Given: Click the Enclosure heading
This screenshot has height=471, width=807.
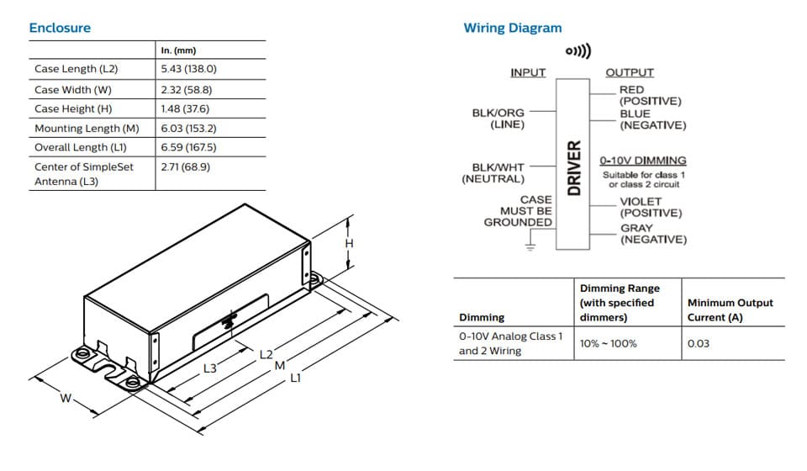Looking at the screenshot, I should [x=60, y=28].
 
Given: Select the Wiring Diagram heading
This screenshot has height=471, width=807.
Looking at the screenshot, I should [x=512, y=28].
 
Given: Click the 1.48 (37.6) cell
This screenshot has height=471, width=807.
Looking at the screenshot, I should [x=185, y=108].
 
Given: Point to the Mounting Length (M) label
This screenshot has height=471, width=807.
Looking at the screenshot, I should [x=87, y=129].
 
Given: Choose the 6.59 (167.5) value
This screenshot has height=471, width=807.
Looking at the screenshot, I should [x=188, y=147].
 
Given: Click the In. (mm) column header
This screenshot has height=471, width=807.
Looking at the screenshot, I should [x=178, y=50].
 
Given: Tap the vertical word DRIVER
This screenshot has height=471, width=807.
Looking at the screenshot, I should [x=574, y=167].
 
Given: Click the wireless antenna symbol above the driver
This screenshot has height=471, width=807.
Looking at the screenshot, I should [x=578, y=51].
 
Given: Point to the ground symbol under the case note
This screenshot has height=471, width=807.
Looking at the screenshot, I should [x=530, y=246].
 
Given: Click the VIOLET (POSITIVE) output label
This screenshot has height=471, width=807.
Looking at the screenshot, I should [x=651, y=207].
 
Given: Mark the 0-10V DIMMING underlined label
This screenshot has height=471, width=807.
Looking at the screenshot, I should [x=642, y=160].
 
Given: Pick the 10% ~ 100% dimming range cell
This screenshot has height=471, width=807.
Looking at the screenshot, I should [x=609, y=343].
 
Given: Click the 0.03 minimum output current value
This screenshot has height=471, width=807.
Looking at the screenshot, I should [x=698, y=343].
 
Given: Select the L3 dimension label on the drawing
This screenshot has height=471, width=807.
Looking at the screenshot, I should [x=210, y=368].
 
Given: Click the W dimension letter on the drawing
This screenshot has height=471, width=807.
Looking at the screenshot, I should [x=65, y=398].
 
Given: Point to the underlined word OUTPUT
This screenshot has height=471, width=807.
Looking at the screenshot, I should [x=630, y=73].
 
